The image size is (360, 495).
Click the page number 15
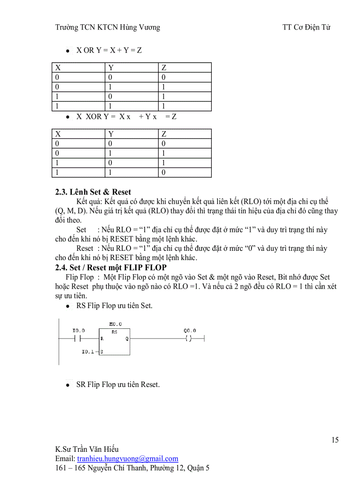[335, 440]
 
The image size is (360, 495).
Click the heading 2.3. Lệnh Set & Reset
[93, 192]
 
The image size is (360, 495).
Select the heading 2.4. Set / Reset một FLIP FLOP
[111, 268]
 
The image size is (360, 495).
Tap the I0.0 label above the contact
[79, 331]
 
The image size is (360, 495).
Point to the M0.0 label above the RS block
[115, 324]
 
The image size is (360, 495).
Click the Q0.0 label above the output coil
[190, 331]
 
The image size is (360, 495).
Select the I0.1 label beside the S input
[88, 352]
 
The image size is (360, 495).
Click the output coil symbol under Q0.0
[189, 339]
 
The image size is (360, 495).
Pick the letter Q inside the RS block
[127, 339]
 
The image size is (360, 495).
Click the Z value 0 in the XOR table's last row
[164, 172]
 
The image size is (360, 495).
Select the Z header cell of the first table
[164, 67]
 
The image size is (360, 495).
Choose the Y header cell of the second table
[111, 134]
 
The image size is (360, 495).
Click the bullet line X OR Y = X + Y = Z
[109, 50]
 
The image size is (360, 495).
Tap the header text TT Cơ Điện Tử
[306, 27]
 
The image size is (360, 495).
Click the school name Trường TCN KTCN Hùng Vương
[108, 27]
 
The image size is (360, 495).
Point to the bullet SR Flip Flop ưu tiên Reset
[118, 385]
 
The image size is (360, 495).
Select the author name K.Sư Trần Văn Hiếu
[87, 450]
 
